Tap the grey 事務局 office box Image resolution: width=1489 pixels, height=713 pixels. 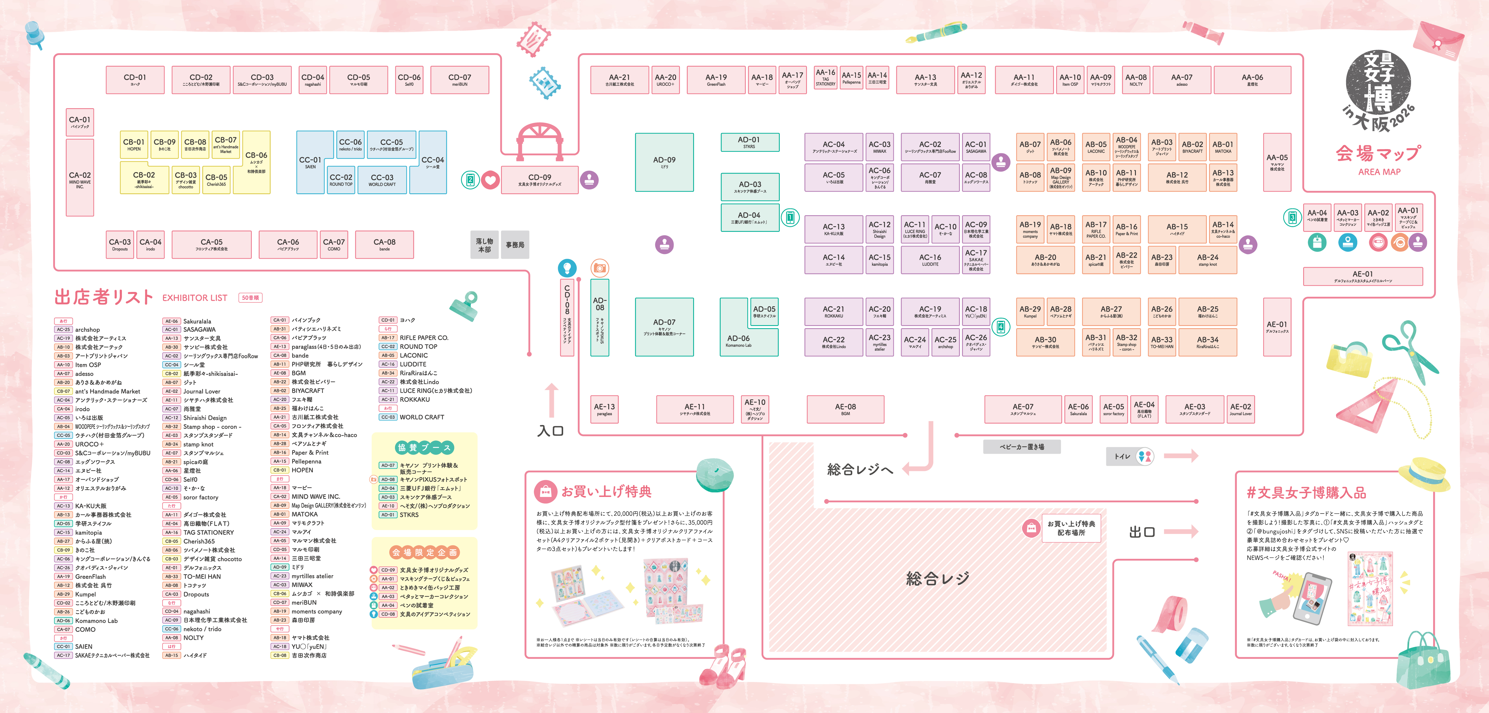point(515,245)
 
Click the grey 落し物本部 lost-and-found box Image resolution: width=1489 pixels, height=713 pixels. point(484,245)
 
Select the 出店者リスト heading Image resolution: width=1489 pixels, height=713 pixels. point(104,297)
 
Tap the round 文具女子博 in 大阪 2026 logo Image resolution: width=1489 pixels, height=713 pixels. point(1378,90)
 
